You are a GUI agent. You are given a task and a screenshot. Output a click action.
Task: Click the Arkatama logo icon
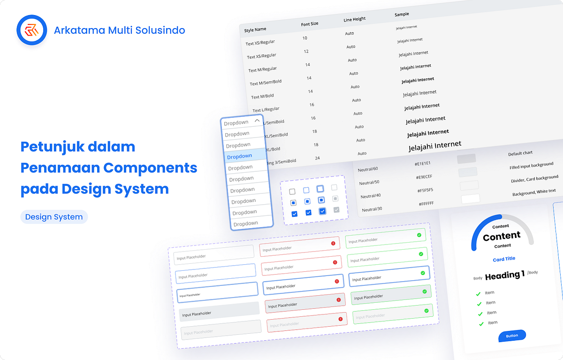(x=31, y=31)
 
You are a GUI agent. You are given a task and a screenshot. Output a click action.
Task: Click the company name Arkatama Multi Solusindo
(x=119, y=31)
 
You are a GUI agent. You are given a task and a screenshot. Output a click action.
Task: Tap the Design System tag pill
(x=54, y=217)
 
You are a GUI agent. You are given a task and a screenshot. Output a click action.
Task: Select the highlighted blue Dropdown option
(x=239, y=156)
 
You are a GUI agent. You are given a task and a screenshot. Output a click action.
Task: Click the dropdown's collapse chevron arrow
(x=257, y=121)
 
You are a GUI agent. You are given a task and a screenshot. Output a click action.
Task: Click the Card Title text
(x=504, y=259)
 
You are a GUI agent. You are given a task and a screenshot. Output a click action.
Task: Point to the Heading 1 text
(x=504, y=276)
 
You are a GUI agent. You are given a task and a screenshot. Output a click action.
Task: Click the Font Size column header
(x=310, y=24)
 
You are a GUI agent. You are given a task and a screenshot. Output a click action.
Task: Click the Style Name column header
(x=255, y=30)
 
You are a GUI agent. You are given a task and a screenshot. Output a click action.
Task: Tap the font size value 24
(x=317, y=158)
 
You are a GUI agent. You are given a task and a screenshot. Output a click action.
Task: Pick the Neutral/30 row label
(x=372, y=209)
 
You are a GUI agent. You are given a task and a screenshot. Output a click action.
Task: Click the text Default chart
(x=520, y=153)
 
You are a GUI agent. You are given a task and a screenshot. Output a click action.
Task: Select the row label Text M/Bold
(x=262, y=96)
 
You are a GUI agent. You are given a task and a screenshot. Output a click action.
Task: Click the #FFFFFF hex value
(x=427, y=203)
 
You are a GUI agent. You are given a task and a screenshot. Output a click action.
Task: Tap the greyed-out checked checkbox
(x=336, y=210)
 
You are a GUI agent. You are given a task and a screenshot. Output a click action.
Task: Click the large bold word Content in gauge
(x=502, y=236)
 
